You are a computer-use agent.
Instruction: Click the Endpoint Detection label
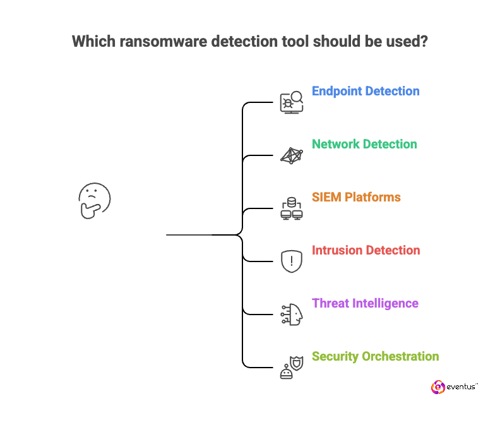tap(366, 91)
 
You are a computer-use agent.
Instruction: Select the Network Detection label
tap(364, 144)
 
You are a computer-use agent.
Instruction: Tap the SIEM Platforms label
tap(356, 197)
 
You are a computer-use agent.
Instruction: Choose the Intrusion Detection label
tap(366, 250)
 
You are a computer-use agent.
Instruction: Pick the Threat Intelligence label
tap(365, 303)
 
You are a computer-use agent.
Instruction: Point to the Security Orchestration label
tap(375, 356)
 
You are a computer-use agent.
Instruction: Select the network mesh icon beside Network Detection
tap(292, 155)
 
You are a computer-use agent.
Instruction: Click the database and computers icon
tap(292, 208)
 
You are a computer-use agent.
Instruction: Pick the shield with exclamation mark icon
tap(292, 261)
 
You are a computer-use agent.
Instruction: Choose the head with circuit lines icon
tap(292, 314)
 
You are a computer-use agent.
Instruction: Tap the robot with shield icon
tap(292, 367)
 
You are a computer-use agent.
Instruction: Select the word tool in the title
tap(302, 42)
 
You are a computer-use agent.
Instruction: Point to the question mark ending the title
tap(424, 42)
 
